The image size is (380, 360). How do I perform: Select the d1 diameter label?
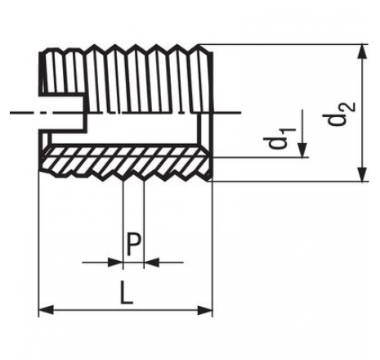(279, 138)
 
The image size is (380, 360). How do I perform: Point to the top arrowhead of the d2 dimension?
(362, 52)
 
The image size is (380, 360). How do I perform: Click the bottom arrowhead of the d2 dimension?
(362, 174)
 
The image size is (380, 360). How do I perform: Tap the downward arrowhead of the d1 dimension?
(302, 150)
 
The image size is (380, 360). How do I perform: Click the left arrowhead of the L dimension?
(47, 310)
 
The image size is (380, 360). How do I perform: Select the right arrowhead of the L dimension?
(205, 310)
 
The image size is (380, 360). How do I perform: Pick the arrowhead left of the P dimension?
(116, 263)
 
